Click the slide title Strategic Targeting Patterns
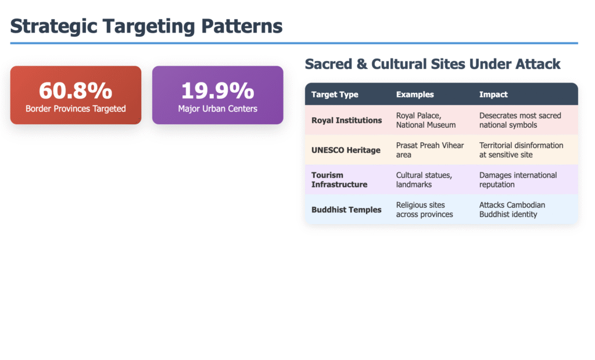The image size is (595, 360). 146,26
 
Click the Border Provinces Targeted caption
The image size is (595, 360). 76,109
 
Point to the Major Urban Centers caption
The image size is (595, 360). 217,109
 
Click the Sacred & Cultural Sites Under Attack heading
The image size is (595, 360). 432,64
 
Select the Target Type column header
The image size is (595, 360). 335,95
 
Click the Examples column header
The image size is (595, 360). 415,95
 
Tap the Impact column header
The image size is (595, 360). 493,95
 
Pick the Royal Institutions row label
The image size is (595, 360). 346,120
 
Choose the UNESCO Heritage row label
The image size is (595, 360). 346,150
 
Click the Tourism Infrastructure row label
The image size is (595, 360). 339,180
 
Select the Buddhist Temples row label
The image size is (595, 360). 346,210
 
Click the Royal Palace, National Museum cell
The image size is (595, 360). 426,120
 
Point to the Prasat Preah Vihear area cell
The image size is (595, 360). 430,150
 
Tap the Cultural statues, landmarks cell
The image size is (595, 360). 424,180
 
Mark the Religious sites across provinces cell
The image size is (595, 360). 424,210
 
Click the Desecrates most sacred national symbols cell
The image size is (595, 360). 520,120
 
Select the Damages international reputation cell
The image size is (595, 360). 518,180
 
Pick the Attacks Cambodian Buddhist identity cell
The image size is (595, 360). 512,210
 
